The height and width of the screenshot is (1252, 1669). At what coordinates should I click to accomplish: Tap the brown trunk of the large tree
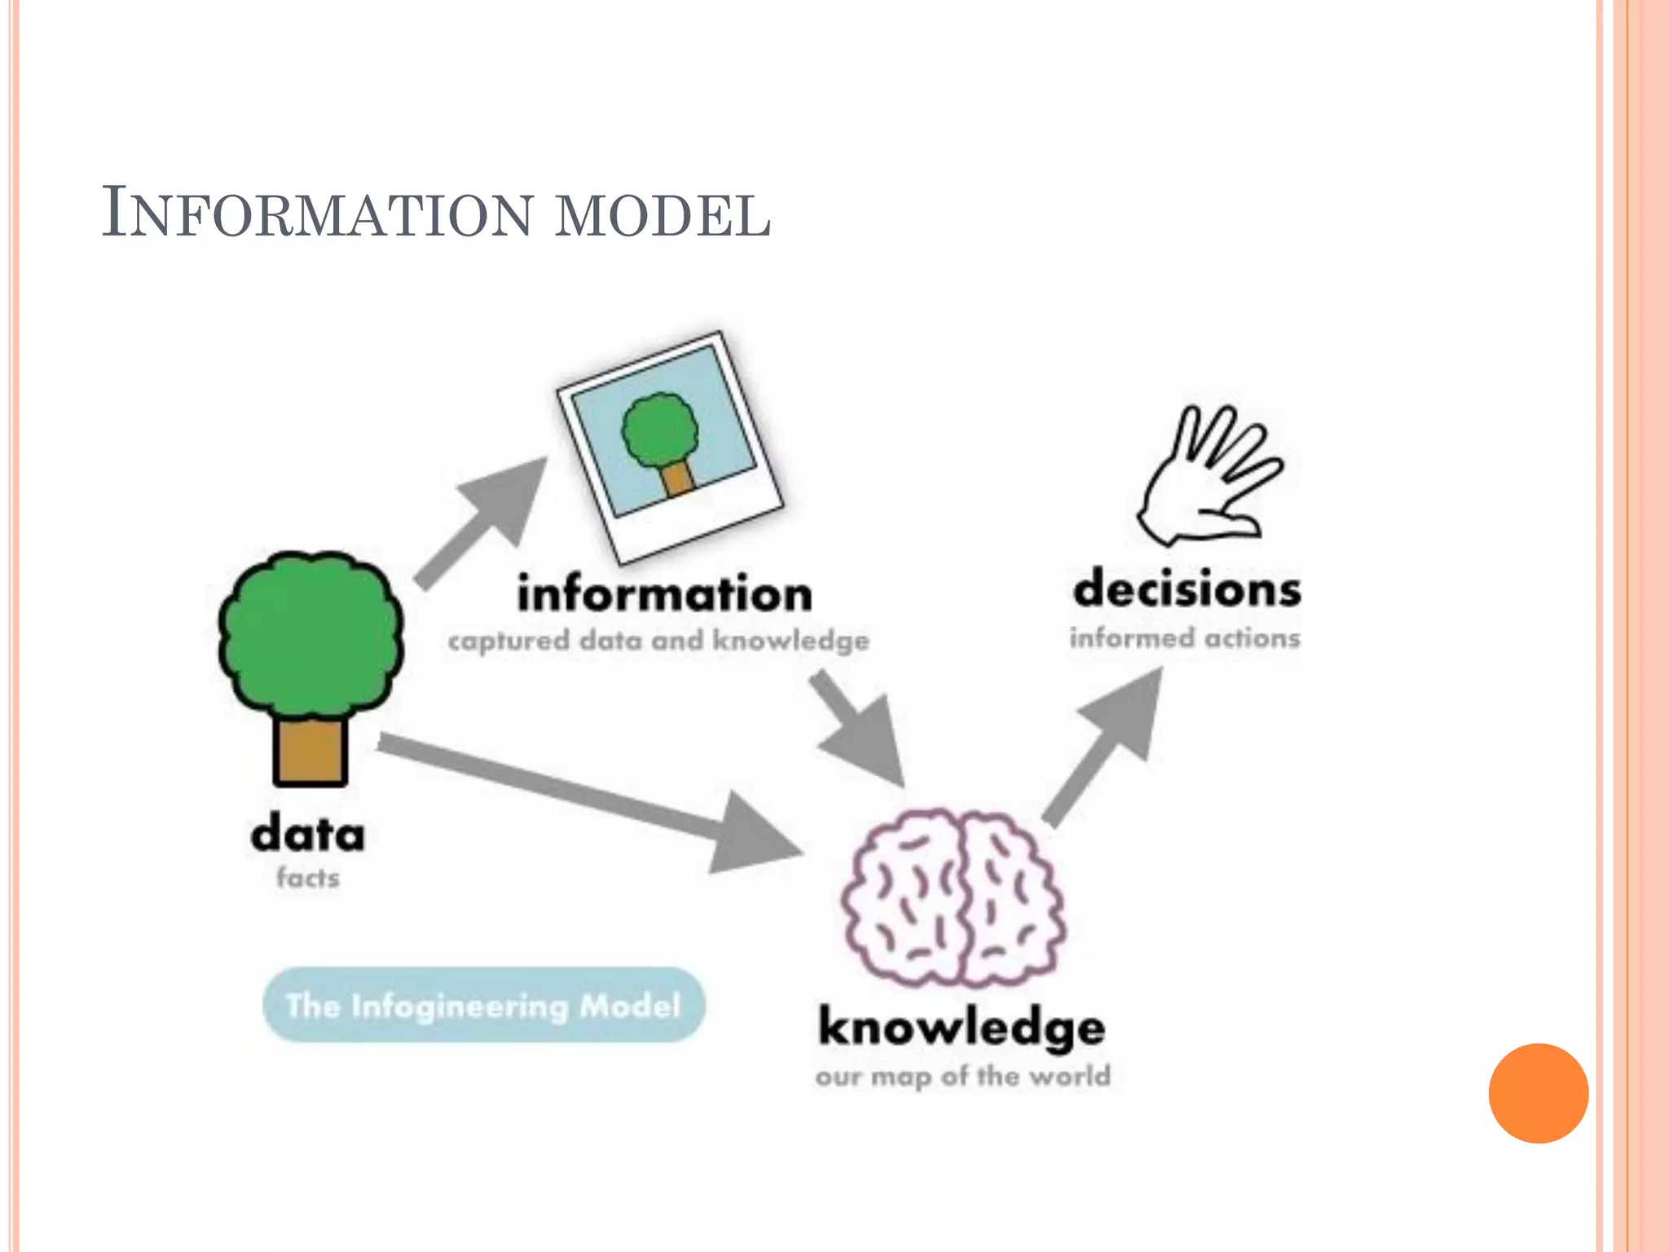[x=310, y=750]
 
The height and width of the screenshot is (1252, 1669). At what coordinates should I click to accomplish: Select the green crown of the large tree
[x=310, y=632]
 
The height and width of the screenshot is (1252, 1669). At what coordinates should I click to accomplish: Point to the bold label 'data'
[x=308, y=834]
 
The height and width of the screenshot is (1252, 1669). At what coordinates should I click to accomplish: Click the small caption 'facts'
[x=308, y=878]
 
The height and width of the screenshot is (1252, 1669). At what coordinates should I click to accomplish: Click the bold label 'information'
[x=664, y=593]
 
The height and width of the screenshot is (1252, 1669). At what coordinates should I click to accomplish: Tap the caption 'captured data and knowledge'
[x=658, y=641]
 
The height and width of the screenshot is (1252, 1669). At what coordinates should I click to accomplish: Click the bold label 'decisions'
[x=1187, y=589]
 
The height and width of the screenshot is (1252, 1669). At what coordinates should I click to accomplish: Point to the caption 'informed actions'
[x=1185, y=637]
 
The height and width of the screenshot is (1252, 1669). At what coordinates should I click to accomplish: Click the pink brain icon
[x=953, y=897]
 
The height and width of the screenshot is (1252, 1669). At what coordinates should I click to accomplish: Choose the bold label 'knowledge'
[x=962, y=1027]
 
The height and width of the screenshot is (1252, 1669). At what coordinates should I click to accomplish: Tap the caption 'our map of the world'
[x=962, y=1076]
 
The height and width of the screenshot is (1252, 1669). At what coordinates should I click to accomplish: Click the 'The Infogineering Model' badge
[x=483, y=1005]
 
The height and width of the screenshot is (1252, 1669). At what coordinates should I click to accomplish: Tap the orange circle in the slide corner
[x=1538, y=1093]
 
